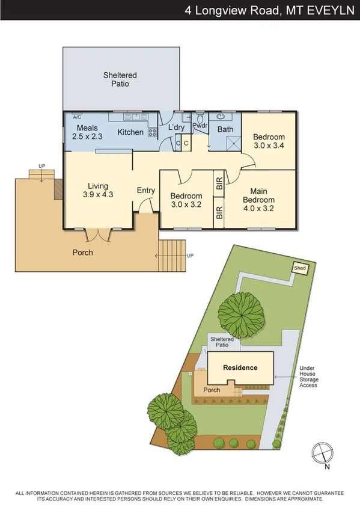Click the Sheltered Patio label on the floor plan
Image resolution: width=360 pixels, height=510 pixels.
[120, 79]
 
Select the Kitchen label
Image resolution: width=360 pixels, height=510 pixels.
[130, 132]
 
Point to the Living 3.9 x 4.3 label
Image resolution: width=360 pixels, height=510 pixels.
[98, 190]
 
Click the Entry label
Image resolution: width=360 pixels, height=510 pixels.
[146, 191]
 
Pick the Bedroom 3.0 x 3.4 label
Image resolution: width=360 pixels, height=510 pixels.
[269, 141]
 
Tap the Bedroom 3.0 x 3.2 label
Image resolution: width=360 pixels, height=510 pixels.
[186, 200]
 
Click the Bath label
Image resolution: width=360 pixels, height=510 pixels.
[225, 129]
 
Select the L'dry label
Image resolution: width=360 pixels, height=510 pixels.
[177, 128]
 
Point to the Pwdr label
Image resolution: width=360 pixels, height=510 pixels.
[200, 126]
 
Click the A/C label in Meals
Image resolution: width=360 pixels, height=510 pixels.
[77, 118]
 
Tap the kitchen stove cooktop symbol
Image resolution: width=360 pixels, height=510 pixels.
[153, 133]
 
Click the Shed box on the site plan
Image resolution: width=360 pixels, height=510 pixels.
[299, 268]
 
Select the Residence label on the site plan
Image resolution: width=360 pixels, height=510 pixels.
[240, 367]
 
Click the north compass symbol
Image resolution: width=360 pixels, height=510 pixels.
[323, 450]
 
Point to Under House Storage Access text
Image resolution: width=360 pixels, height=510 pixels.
[309, 376]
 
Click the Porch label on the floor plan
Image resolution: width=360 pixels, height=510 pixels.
[83, 253]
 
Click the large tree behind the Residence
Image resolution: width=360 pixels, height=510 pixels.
[239, 313]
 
